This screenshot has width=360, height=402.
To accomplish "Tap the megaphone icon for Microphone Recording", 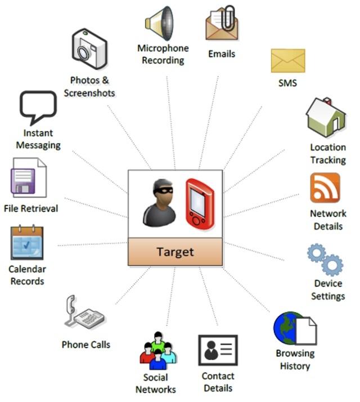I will pyautogui.click(x=159, y=23).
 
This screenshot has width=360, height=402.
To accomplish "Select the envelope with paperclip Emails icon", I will pyautogui.click(x=221, y=24).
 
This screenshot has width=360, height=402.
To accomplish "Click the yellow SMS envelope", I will pyautogui.click(x=287, y=61).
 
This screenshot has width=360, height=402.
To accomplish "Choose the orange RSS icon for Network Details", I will pyautogui.click(x=325, y=188).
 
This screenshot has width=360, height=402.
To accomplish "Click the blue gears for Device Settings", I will pyautogui.click(x=325, y=258).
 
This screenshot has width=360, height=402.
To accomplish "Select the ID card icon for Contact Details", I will pyautogui.click(x=218, y=350).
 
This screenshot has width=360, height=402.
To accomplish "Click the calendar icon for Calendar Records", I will pyautogui.click(x=27, y=243).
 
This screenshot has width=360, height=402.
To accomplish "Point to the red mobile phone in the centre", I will pyautogui.click(x=200, y=203).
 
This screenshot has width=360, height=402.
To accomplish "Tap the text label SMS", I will pyautogui.click(x=287, y=83).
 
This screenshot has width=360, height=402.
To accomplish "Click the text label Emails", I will pyautogui.click(x=222, y=54).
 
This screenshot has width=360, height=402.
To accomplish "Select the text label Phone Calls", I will pyautogui.click(x=86, y=344).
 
